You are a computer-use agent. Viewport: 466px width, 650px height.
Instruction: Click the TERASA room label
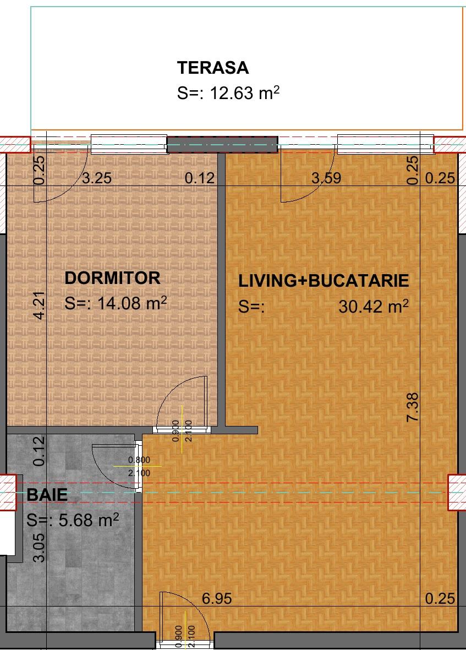coord(213,68)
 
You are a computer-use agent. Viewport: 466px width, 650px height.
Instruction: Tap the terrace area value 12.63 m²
coord(228,93)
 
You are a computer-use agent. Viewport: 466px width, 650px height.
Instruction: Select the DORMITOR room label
coord(112,278)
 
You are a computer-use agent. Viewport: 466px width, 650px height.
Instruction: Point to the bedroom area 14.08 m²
coord(116,303)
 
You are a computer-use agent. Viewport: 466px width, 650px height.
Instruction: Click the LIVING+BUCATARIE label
coord(324,281)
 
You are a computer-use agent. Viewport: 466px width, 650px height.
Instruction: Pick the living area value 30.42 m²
coord(374,306)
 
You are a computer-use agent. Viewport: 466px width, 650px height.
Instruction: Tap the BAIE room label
coord(47,494)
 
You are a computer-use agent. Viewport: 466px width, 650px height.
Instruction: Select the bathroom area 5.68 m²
coord(73,520)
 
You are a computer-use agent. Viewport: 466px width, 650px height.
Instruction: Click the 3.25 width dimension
coord(97,178)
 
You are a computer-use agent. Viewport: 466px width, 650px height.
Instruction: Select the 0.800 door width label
coord(139,460)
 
